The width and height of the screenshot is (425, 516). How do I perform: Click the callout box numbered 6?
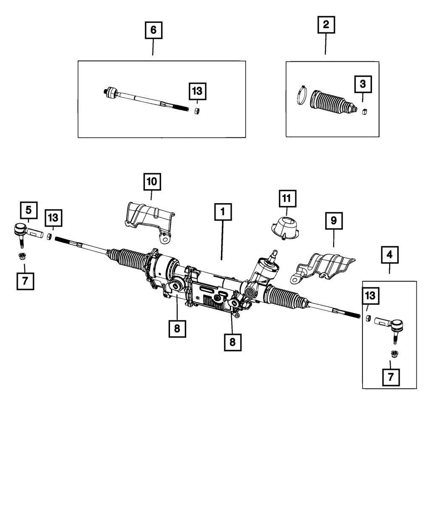[153, 30]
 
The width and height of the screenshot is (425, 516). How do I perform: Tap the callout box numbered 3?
[363, 85]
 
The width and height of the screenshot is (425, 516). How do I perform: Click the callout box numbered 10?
[152, 182]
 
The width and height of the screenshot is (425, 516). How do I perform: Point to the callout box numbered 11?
[287, 198]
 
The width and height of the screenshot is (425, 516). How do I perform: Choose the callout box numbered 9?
[334, 221]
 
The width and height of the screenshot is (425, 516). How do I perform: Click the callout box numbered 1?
[224, 212]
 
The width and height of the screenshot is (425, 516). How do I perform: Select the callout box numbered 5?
[28, 210]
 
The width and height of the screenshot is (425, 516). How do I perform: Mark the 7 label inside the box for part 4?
[391, 376]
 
